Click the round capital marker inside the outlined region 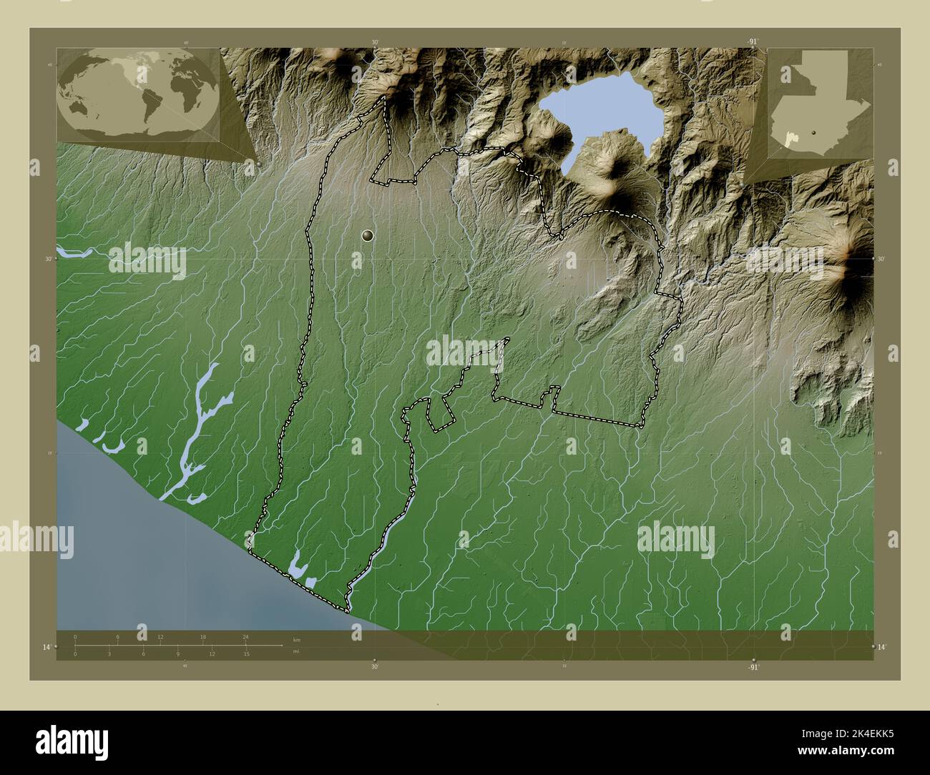(x=368, y=235)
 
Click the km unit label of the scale (x=296, y=638)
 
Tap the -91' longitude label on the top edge (x=752, y=42)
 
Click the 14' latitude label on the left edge (x=46, y=646)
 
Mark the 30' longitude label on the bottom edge (x=374, y=666)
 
